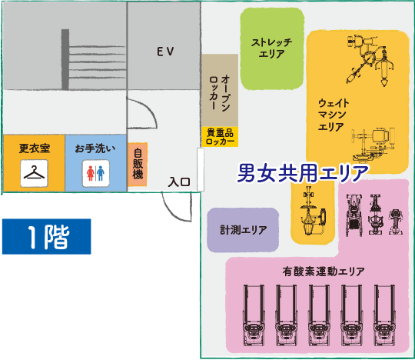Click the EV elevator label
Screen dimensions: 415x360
[x=165, y=52]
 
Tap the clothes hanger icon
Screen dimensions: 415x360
[x=34, y=173]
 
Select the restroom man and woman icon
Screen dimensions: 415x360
[x=95, y=173]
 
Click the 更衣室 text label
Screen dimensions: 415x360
[x=35, y=148]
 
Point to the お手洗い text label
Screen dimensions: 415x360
[x=95, y=148]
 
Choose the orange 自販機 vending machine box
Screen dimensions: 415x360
[x=138, y=165]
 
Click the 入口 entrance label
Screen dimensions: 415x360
[x=179, y=182]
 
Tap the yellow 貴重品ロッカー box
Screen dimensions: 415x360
[x=220, y=137]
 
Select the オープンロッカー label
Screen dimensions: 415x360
[x=220, y=93]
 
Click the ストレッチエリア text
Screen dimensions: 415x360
[x=272, y=48]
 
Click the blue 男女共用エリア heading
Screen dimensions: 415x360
[x=303, y=173]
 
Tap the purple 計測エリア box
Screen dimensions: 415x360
[x=243, y=230]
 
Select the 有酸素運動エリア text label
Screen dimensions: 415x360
[x=324, y=272]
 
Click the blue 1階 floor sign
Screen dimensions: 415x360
[x=47, y=237]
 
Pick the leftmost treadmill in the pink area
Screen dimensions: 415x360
[x=254, y=315]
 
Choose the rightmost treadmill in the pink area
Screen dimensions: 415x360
[x=384, y=315]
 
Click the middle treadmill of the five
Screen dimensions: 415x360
[x=319, y=315]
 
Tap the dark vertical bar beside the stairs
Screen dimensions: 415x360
[x=65, y=59]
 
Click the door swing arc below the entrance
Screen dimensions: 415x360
[x=173, y=212]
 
